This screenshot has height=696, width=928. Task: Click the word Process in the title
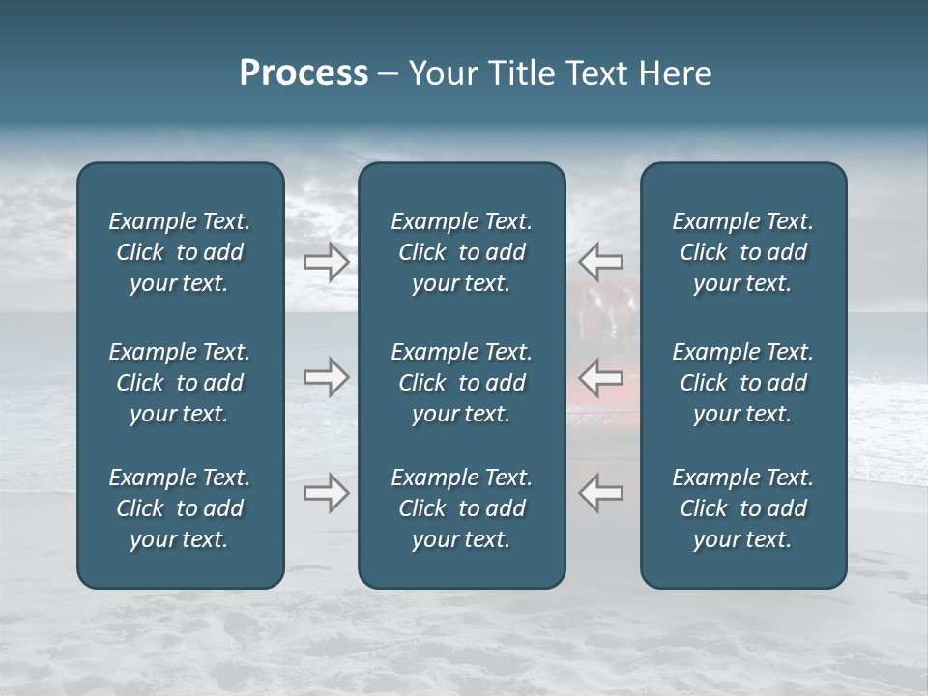pos(304,73)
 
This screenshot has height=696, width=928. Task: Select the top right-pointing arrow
pos(327,261)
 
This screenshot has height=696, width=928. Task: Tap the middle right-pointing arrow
pos(327,377)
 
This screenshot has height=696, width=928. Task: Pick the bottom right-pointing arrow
pos(327,493)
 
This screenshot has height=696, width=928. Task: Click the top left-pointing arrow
pos(600,261)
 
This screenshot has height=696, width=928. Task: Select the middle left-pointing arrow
pos(600,377)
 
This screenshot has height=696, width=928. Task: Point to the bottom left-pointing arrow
pos(600,493)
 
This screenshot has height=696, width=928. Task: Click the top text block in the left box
pos(180,252)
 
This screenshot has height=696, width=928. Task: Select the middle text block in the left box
pos(180,383)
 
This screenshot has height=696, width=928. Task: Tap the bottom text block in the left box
pos(180,508)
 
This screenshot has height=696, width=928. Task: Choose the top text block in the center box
pos(461,252)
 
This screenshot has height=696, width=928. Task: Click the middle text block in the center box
pos(461,383)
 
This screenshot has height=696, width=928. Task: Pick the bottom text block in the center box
pos(461,508)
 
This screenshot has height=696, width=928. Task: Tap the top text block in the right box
pos(742,252)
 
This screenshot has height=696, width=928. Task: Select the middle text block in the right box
pos(742,383)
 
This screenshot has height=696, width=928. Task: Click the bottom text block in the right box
pos(742,508)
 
